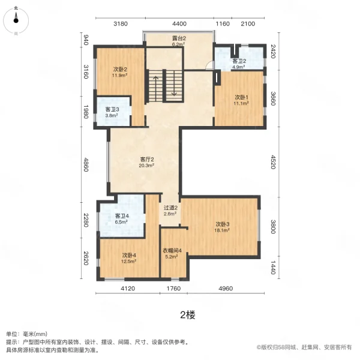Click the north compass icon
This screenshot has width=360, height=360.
tap(16, 19)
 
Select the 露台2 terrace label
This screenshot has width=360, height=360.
tap(178, 41)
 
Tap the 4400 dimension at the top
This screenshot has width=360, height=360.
tap(179, 24)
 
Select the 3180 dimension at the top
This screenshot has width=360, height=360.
tap(121, 24)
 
